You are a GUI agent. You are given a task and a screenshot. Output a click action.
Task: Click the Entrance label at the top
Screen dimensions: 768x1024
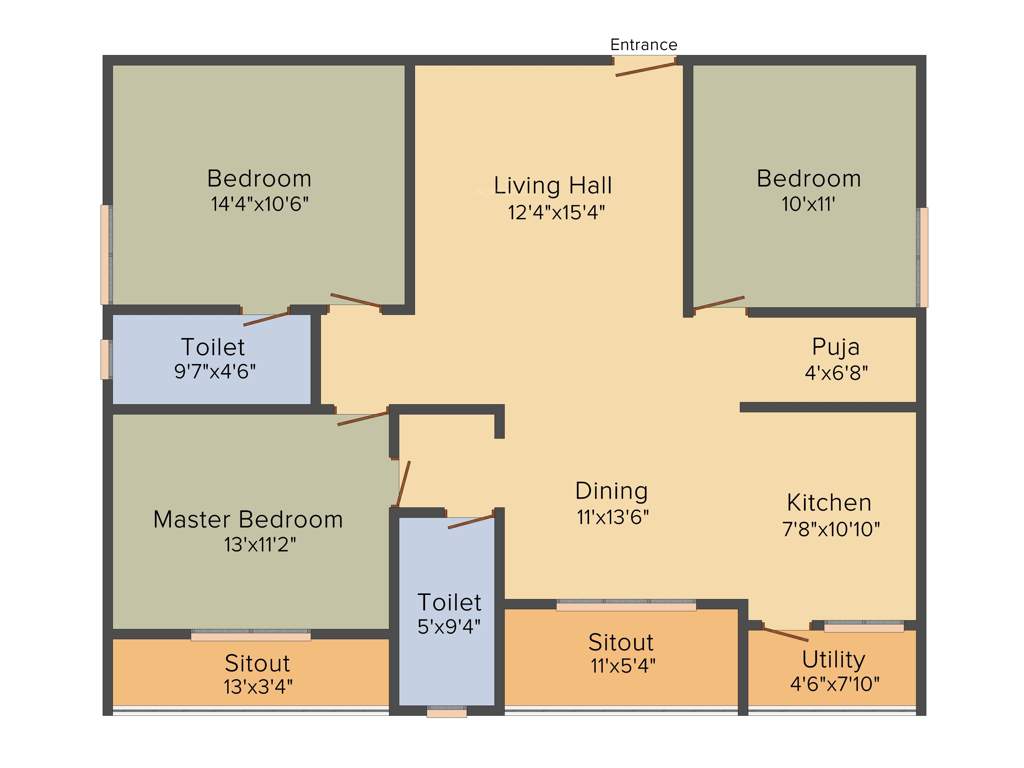pyautogui.click(x=644, y=45)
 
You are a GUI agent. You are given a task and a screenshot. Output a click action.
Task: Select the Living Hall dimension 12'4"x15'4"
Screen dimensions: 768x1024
pyautogui.click(x=552, y=211)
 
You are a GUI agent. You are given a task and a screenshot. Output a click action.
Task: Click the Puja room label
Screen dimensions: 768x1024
pyautogui.click(x=835, y=347)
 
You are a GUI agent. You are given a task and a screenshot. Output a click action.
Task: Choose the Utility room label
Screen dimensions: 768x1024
pyautogui.click(x=833, y=660)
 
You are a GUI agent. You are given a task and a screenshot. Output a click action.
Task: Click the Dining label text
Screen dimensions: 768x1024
pyautogui.click(x=611, y=491)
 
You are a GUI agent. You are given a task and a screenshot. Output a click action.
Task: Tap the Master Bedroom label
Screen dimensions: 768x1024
pyautogui.click(x=247, y=520)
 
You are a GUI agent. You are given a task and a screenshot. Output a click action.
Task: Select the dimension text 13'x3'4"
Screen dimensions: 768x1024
pyautogui.click(x=258, y=687)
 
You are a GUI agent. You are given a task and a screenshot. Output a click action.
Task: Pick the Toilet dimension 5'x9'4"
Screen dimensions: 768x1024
pyautogui.click(x=449, y=627)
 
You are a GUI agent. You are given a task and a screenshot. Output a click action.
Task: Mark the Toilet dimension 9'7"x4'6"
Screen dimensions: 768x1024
pyautogui.click(x=213, y=371)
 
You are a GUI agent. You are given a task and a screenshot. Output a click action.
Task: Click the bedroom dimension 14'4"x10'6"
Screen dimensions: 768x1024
pyautogui.click(x=259, y=203)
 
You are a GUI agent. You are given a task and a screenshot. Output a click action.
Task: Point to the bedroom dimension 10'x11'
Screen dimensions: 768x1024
pyautogui.click(x=808, y=203)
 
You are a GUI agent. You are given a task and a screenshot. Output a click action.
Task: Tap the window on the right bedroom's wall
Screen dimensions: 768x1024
pyautogui.click(x=923, y=257)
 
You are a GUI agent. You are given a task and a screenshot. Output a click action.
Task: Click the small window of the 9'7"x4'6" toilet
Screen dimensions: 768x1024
pyautogui.click(x=105, y=359)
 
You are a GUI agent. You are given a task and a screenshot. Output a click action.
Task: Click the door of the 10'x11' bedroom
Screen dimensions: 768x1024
pyautogui.click(x=718, y=303)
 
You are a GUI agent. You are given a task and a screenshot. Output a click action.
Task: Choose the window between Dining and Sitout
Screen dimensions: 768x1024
pyautogui.click(x=626, y=605)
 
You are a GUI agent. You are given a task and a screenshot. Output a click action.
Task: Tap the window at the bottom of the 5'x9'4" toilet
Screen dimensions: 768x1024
pyautogui.click(x=446, y=713)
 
